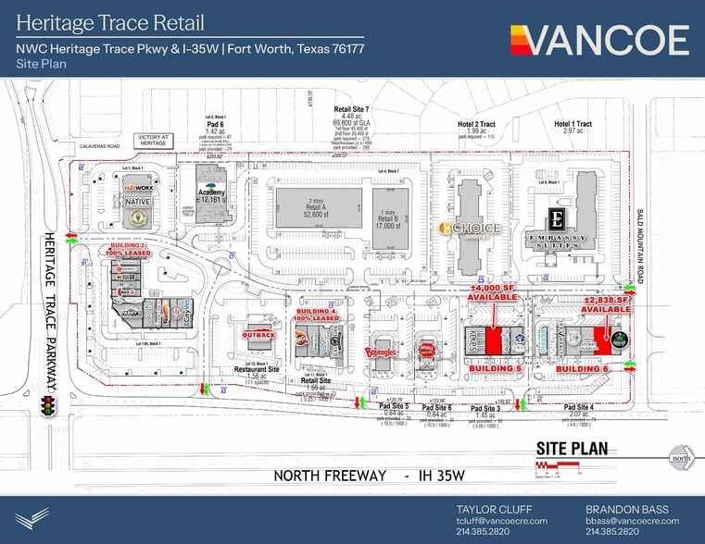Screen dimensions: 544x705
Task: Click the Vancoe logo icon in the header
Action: tap(522, 40)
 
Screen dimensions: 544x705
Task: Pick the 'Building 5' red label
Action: tap(496, 368)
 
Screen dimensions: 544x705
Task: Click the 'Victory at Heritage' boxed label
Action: tap(152, 140)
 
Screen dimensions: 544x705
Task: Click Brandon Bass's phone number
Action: tap(611, 532)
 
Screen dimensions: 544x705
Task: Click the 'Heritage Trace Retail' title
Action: tap(110, 22)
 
